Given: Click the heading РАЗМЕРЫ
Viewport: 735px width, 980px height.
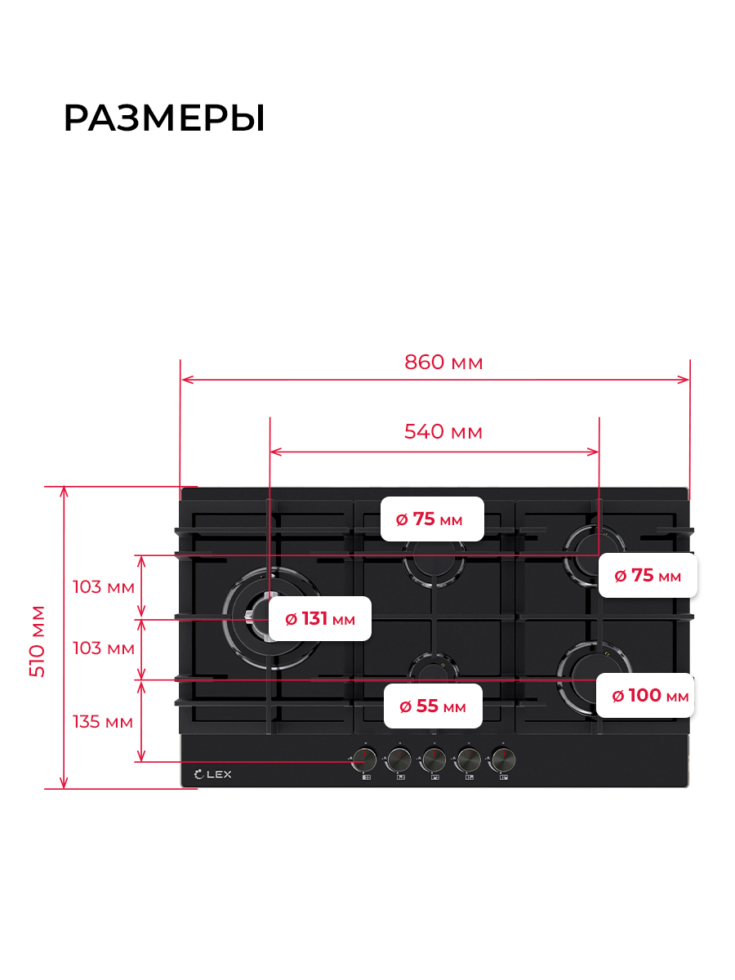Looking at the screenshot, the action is click(164, 118).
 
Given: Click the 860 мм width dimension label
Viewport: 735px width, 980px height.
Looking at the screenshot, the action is click(443, 362).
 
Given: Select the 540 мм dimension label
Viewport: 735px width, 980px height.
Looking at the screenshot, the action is click(443, 432).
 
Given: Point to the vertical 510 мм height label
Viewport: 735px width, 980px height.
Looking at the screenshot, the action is click(37, 641).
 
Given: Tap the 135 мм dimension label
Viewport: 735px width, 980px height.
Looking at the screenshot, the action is click(103, 721).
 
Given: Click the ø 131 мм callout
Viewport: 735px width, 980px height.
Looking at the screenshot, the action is click(319, 618).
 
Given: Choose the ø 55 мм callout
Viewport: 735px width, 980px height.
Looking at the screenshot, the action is click(433, 706).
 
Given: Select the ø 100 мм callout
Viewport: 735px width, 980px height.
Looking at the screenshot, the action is click(645, 695).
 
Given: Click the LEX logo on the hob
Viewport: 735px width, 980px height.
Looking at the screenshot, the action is click(213, 774).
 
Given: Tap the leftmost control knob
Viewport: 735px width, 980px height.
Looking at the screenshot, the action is click(364, 759).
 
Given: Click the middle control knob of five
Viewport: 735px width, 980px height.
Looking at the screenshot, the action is click(434, 759).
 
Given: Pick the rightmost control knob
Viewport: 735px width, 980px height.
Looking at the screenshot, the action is click(502, 759).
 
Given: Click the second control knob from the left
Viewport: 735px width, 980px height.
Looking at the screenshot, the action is click(399, 759).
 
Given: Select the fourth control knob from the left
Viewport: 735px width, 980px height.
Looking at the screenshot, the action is click(468, 759).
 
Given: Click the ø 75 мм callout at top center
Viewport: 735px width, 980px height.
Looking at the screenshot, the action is click(432, 519).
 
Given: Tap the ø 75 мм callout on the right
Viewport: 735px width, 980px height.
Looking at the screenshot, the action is click(648, 576).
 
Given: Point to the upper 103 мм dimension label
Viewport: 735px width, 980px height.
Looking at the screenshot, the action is click(104, 586).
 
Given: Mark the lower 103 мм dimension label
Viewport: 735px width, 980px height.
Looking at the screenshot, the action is click(104, 648).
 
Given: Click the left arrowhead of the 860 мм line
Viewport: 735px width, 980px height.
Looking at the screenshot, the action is click(187, 380).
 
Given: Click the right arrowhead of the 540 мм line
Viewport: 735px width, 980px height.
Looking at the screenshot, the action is click(593, 452).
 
